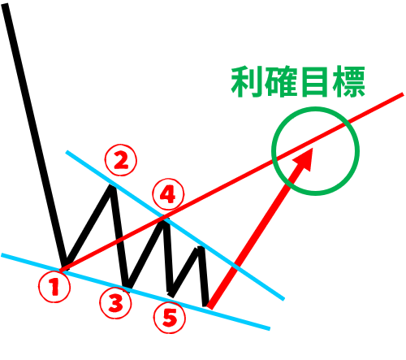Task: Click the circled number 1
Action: click(54, 287)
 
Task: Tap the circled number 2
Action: click(121, 160)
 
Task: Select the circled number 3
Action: click(115, 303)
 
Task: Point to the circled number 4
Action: click(168, 194)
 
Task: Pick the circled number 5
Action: click(170, 318)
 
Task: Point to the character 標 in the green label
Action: click(348, 82)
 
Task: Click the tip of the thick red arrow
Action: click(313, 148)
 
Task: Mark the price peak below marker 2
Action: click(111, 186)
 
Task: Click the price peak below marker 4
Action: click(164, 221)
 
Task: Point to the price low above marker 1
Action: click(64, 267)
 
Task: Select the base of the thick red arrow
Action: click(209, 306)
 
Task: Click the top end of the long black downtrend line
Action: click(6, 5)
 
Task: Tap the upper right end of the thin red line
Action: click(403, 94)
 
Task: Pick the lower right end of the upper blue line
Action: click(283, 299)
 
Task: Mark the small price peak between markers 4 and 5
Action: click(201, 248)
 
